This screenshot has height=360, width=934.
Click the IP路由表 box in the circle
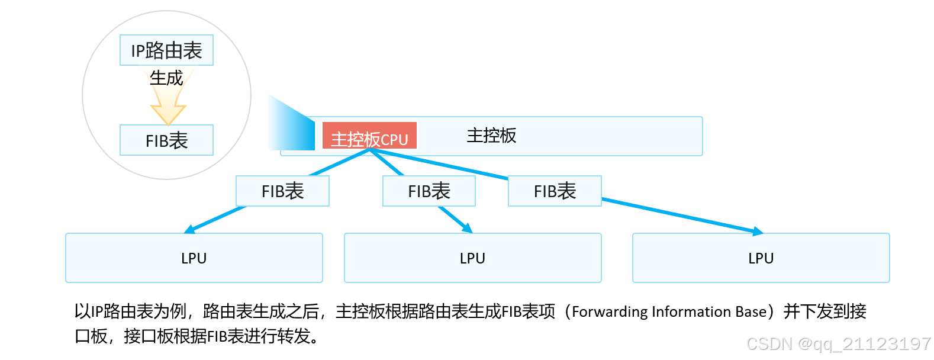[166, 50]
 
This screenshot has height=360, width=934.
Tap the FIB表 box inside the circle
[166, 140]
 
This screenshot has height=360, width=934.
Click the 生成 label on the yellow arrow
[166, 78]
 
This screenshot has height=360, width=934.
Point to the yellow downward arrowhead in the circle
[168, 114]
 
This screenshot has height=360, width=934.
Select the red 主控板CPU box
[369, 136]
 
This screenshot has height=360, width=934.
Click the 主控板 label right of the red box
[491, 136]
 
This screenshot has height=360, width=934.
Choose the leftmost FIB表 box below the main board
[282, 191]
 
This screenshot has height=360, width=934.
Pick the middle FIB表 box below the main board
[429, 191]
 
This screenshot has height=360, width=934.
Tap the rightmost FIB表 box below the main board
[555, 191]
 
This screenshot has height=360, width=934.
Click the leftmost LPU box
[194, 258]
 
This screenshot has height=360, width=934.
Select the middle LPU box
[472, 258]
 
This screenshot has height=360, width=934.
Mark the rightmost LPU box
[761, 258]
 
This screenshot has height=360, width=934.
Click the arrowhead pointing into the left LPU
[189, 230]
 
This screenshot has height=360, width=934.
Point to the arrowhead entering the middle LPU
[468, 229]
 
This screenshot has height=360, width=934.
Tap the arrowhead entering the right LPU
[758, 232]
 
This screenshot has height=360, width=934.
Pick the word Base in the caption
[751, 312]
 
